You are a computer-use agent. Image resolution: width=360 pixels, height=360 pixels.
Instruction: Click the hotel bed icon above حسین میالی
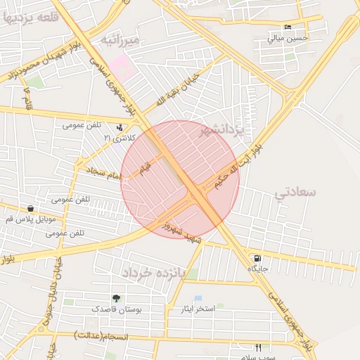[x=288, y=27]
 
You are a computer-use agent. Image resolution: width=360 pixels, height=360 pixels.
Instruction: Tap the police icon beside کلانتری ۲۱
[x=119, y=127]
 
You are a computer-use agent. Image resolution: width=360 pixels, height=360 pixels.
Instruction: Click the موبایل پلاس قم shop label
[x=30, y=219]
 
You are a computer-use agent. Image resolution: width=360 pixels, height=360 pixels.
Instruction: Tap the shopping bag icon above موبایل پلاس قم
[x=30, y=208]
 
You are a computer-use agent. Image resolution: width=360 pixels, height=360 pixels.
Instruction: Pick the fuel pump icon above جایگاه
[x=257, y=258]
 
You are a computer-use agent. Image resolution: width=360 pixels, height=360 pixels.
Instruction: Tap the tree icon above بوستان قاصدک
[x=116, y=298]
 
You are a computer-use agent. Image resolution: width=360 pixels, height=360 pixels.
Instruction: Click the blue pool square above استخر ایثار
[x=198, y=298]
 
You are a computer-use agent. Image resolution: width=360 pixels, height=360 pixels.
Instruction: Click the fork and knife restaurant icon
[x=258, y=347]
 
